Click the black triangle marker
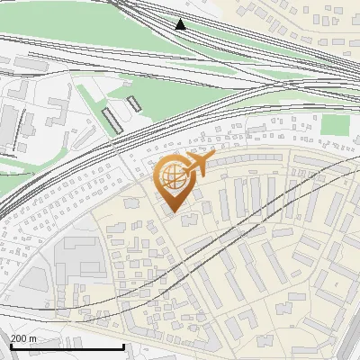click(180, 24)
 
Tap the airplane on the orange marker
click(199, 166)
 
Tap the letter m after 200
click(33, 338)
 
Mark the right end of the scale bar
click(123, 347)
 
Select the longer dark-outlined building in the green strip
click(112, 119)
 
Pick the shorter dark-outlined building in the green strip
click(134, 103)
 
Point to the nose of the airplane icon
click(213, 159)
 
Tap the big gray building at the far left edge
click(6, 126)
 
